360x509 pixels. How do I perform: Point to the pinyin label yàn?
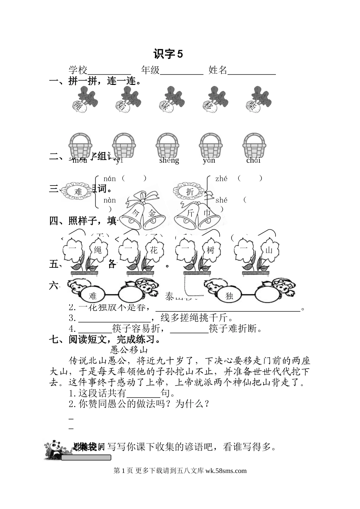(x=209, y=160)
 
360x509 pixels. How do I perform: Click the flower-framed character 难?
(x=78, y=192)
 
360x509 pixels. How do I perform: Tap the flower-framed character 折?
(x=189, y=192)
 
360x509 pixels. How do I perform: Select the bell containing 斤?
(x=189, y=214)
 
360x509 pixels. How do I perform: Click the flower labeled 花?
(x=153, y=250)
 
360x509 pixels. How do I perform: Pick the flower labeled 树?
(x=210, y=250)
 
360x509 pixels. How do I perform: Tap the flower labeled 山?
(x=269, y=250)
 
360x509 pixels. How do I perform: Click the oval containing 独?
(x=229, y=296)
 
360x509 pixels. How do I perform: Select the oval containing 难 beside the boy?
(x=93, y=296)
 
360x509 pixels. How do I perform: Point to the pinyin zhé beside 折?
(x=221, y=178)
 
